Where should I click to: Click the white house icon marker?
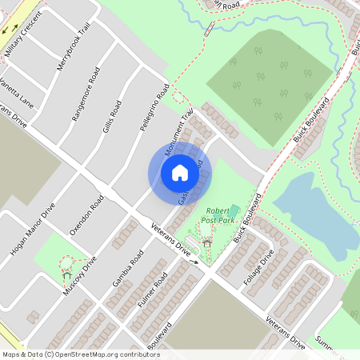179,171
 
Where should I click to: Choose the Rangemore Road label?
86,102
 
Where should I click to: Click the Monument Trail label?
180,132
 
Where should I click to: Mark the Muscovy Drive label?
82,277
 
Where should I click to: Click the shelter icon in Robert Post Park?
207,242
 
